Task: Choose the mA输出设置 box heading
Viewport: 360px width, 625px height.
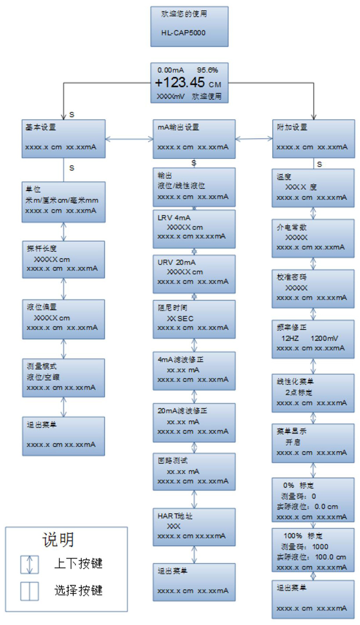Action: point(178,128)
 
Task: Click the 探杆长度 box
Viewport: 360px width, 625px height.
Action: point(64,259)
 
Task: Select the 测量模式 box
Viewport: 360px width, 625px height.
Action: point(64,377)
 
